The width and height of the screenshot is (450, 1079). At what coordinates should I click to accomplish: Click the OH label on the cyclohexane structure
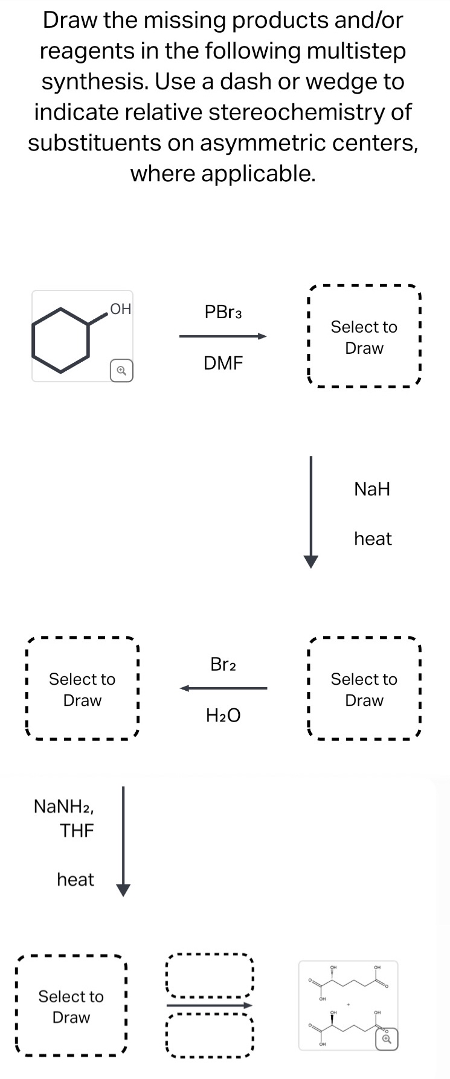(x=121, y=309)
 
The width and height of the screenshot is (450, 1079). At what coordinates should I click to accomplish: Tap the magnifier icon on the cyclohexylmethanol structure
(x=121, y=370)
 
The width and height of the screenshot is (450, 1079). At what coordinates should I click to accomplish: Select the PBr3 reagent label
(x=223, y=312)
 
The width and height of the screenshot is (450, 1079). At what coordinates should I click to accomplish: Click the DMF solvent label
(x=223, y=363)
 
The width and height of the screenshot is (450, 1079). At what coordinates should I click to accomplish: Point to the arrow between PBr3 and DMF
(x=223, y=336)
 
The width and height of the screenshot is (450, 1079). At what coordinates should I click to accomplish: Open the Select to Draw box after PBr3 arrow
(x=364, y=337)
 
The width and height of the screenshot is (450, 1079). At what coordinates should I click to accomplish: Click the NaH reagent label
(x=372, y=488)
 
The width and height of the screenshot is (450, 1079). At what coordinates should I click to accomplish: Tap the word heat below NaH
(x=373, y=539)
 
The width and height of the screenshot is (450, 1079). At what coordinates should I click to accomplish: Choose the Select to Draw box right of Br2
(x=364, y=689)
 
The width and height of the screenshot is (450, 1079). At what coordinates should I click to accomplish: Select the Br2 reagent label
(x=223, y=664)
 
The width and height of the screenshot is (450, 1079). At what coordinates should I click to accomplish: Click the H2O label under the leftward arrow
(x=223, y=716)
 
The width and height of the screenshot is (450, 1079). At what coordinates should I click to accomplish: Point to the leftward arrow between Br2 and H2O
(x=223, y=688)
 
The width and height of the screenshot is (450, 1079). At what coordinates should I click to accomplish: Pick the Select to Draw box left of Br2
(x=82, y=689)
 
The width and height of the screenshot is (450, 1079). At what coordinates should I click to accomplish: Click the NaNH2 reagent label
(x=63, y=806)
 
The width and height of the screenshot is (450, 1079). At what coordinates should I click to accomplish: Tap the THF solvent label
(x=77, y=831)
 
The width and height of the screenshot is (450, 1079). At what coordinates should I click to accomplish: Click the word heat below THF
(x=76, y=880)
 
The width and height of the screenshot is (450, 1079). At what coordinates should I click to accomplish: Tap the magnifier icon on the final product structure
(x=387, y=1039)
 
